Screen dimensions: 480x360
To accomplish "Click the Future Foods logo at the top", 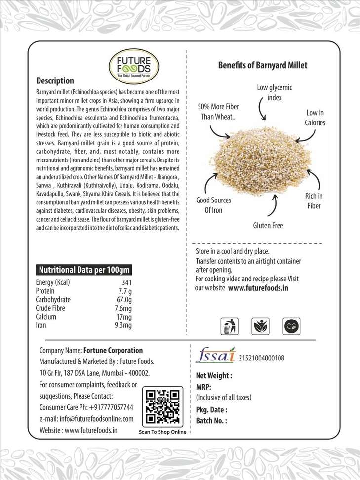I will tap(133, 67).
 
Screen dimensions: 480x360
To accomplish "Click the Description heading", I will tap(55, 81).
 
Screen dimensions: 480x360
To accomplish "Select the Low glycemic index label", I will tap(275, 92).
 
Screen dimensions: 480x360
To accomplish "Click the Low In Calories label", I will tap(315, 118).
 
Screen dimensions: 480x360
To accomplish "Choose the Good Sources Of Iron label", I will tap(213, 205).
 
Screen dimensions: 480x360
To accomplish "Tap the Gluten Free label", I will tap(268, 226).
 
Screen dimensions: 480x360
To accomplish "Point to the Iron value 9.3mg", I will tap(123, 325).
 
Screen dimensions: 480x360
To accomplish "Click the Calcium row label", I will tap(46, 317).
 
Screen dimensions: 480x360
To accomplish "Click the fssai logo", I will tap(214, 356).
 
